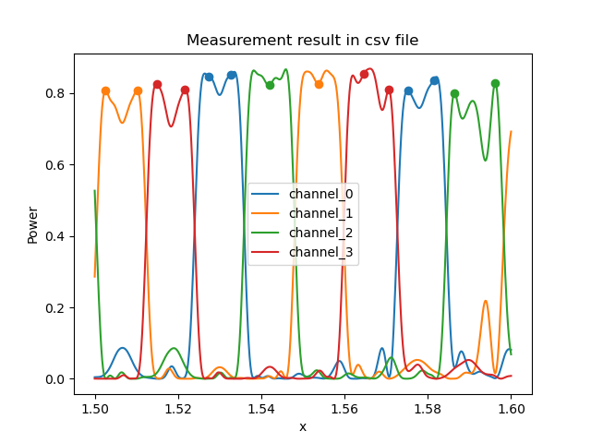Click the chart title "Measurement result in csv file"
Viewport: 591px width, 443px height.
302,41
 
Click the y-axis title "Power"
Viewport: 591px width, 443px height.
33,224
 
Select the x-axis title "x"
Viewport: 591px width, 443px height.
303,426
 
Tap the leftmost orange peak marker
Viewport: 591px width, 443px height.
105,90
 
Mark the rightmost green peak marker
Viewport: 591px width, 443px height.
495,83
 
